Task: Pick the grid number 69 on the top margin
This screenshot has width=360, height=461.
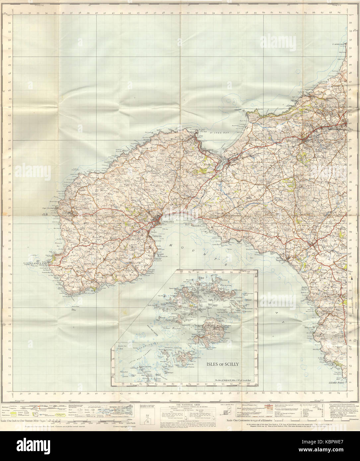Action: point(338,13)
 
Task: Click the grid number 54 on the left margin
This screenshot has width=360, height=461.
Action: point(10,23)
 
